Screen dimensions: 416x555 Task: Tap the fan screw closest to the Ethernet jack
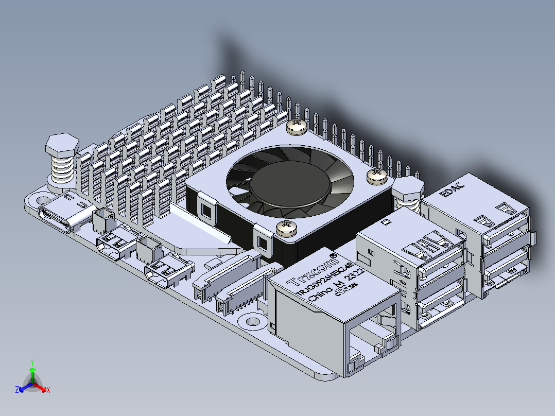point(286,228)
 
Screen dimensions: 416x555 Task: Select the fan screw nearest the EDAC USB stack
point(376,176)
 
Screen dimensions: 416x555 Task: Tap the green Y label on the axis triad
point(32,362)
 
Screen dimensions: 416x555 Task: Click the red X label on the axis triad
point(48,390)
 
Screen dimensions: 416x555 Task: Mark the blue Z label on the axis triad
point(16,390)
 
